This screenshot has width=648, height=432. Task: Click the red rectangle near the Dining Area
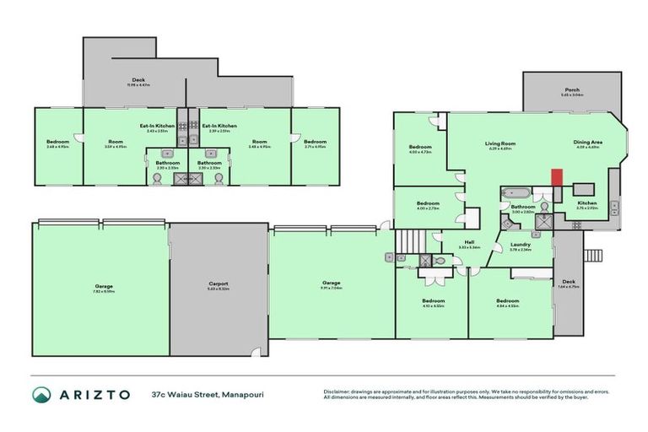click(556, 179)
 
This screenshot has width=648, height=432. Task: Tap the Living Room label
click(499, 143)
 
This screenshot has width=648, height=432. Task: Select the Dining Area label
click(588, 143)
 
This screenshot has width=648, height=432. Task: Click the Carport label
click(219, 284)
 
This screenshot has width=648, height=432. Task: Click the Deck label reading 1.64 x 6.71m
click(566, 283)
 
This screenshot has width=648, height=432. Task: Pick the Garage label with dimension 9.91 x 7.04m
click(331, 283)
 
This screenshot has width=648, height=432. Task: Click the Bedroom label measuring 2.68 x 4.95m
click(57, 142)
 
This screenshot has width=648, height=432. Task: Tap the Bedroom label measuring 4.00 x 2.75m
click(428, 203)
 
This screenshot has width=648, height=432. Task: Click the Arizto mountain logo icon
click(42, 394)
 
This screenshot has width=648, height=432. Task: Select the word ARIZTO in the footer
click(94, 394)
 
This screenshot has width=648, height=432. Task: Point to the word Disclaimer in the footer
click(337, 391)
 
